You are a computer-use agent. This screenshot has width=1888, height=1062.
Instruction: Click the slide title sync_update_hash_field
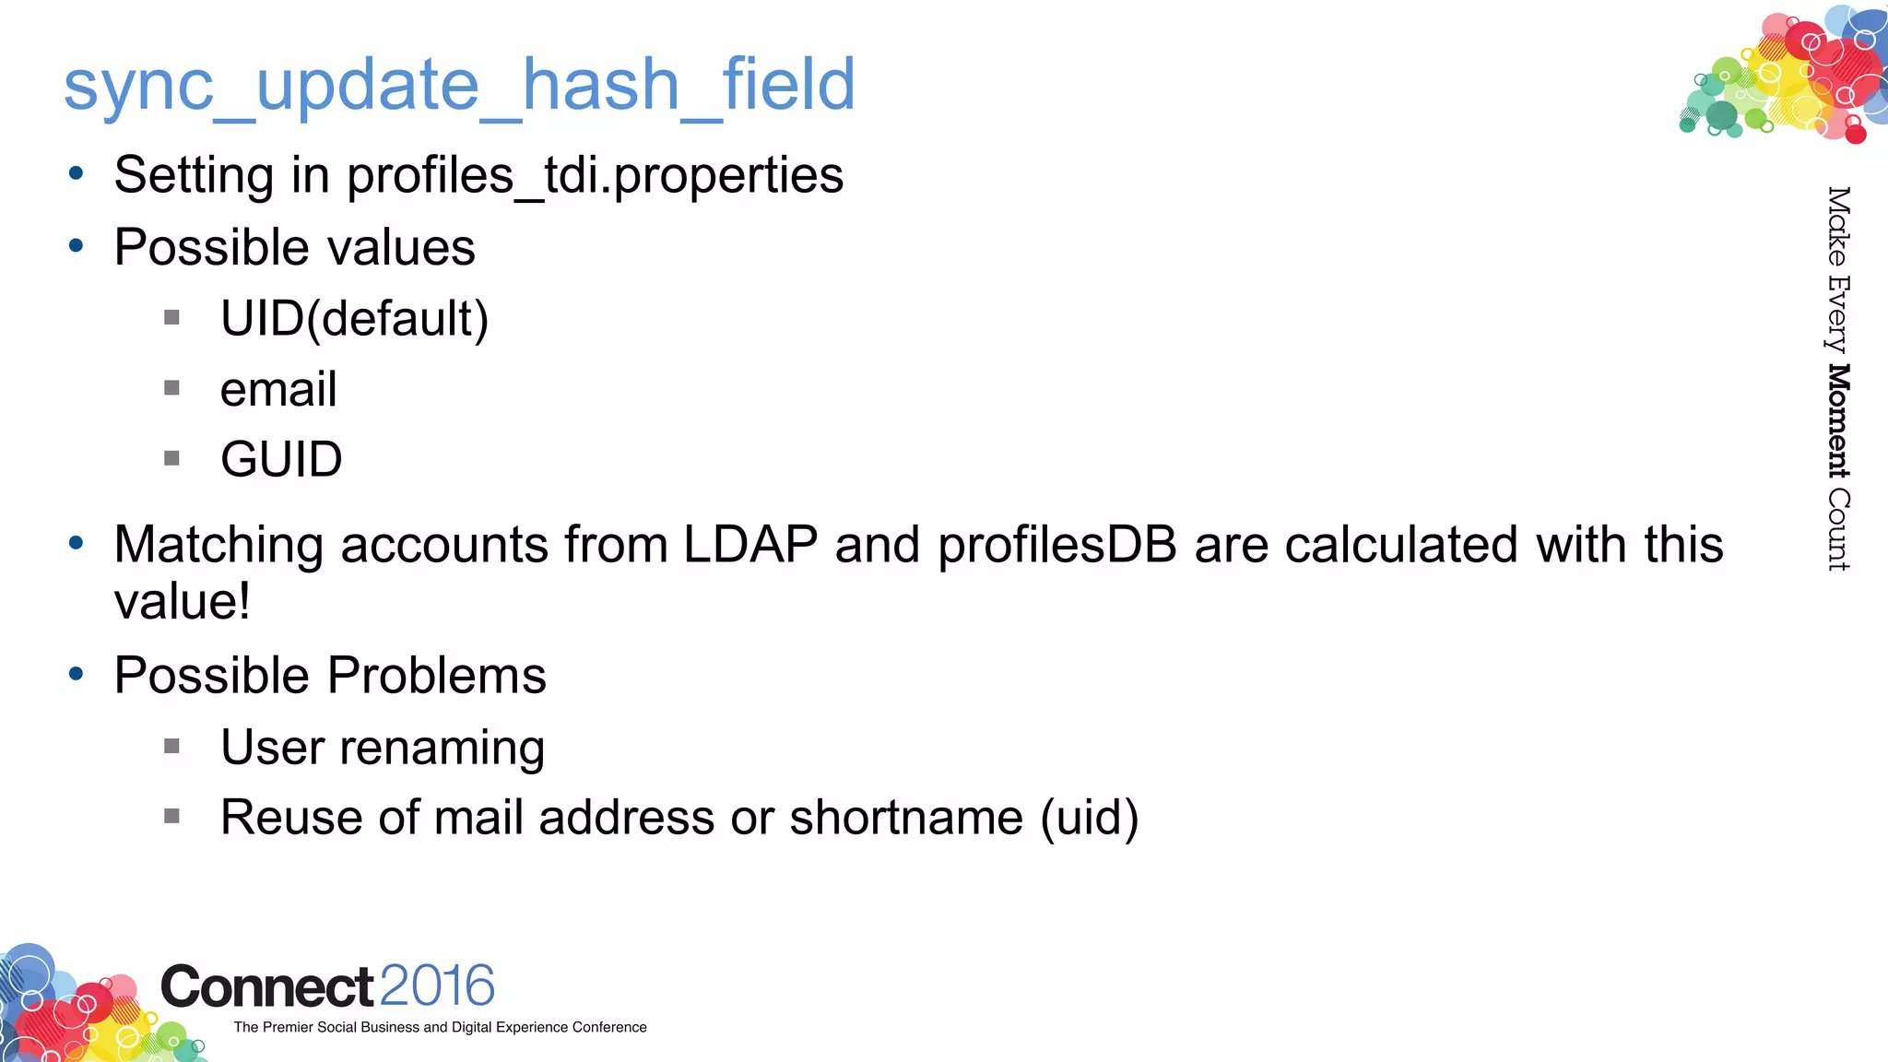[x=459, y=85]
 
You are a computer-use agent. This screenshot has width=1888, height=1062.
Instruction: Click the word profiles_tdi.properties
[x=595, y=175]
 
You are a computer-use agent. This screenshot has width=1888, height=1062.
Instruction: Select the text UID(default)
[x=354, y=319]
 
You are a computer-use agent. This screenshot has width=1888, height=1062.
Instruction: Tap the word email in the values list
[x=278, y=389]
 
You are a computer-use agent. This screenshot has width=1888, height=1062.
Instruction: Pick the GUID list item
[x=281, y=459]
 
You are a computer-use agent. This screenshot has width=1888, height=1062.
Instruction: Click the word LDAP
[x=749, y=544]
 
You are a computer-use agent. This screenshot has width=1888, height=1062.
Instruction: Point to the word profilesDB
[x=1056, y=544]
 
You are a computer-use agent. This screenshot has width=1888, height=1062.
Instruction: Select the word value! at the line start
[x=182, y=602]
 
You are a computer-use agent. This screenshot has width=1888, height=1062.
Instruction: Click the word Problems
[x=437, y=676]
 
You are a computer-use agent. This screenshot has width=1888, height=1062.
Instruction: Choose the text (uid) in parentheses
[x=1090, y=818]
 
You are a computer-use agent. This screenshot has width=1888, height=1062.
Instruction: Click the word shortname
[x=906, y=818]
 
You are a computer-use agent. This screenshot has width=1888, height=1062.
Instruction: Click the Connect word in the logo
[x=267, y=987]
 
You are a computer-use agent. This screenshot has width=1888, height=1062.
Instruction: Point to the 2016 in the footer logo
[x=436, y=985]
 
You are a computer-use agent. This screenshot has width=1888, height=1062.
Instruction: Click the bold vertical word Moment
[x=1838, y=421]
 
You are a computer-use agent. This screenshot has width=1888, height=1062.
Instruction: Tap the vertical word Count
[x=1838, y=530]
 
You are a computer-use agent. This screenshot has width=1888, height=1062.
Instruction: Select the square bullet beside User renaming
[x=171, y=746]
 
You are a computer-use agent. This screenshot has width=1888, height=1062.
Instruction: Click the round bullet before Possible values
[x=77, y=246]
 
